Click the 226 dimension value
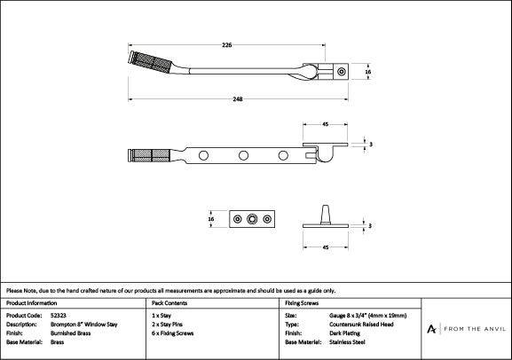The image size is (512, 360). coord(226,44)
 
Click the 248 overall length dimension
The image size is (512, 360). coord(238,99)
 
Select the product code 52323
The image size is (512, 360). coord(59,316)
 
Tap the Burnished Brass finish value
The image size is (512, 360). coord(70,333)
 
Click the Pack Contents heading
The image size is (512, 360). coord(169,303)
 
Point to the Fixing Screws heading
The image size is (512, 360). coord(302,303)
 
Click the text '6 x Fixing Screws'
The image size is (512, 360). coord(172,333)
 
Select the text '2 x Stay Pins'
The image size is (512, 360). coord(167,325)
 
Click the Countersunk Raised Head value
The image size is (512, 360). coord(361,325)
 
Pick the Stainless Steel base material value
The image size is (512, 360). coord(347,342)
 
